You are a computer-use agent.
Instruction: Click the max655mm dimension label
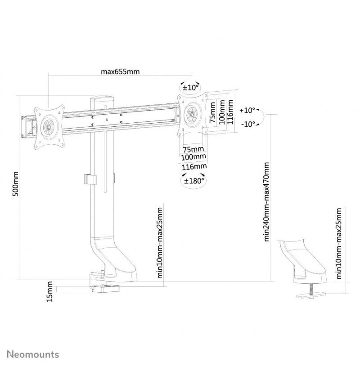coord(120,71)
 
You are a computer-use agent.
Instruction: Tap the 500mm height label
coord(15,184)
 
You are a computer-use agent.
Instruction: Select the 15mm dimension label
coord(49,291)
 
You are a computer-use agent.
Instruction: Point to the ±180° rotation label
coord(193,181)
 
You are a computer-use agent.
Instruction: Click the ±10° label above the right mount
coord(191,88)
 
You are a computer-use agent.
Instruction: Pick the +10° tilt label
coord(247,110)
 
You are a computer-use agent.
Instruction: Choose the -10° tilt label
coord(248,124)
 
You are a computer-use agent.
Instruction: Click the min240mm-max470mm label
coord(266,201)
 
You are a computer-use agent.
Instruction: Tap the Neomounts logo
coord(33,354)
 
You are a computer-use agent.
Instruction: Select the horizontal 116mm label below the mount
coord(194,167)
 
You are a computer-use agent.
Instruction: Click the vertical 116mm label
coord(230,112)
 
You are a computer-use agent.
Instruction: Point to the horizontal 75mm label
coord(193,149)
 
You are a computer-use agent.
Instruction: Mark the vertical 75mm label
coord(212,112)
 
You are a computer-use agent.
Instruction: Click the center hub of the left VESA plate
coord(49,127)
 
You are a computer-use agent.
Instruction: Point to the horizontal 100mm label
coord(193,157)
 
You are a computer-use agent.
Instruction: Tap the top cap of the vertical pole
coord(102,98)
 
